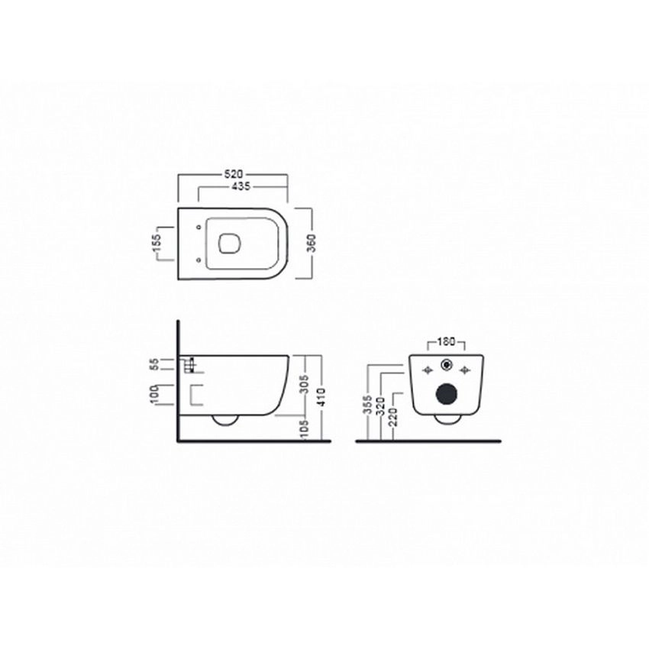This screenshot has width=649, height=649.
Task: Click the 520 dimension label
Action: (233, 175)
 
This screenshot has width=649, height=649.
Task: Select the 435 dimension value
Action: (241, 186)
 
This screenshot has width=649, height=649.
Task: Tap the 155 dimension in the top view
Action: (156, 244)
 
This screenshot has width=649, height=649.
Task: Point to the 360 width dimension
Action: (312, 244)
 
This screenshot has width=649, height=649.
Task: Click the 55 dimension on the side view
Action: (154, 365)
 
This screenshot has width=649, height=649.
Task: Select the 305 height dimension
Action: (305, 384)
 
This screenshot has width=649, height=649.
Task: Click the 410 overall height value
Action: (321, 397)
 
